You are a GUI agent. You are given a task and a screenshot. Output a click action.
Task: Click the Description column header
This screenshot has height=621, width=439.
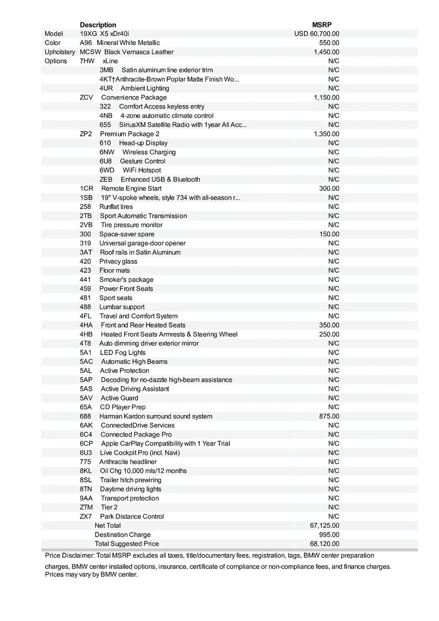(98, 25)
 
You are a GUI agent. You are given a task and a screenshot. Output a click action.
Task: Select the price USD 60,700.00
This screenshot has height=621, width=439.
(317, 34)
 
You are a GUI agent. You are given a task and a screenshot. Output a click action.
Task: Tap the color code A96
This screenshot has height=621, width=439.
(85, 43)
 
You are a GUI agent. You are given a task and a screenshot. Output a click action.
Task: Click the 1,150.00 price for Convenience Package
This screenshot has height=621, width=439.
(326, 97)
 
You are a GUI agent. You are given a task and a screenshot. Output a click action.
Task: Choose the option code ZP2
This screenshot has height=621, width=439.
(86, 134)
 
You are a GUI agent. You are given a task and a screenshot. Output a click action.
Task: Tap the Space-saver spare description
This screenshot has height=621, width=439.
(126, 234)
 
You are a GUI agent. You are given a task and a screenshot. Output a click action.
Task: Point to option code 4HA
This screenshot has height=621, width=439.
(86, 325)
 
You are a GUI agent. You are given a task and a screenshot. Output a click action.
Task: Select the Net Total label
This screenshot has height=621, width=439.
(107, 525)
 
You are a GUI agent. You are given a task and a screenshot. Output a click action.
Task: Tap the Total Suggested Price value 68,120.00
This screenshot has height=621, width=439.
(325, 544)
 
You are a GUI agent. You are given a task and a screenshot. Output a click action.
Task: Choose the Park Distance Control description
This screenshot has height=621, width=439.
(132, 516)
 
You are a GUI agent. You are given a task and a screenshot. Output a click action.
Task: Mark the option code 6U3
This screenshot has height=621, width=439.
(86, 452)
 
